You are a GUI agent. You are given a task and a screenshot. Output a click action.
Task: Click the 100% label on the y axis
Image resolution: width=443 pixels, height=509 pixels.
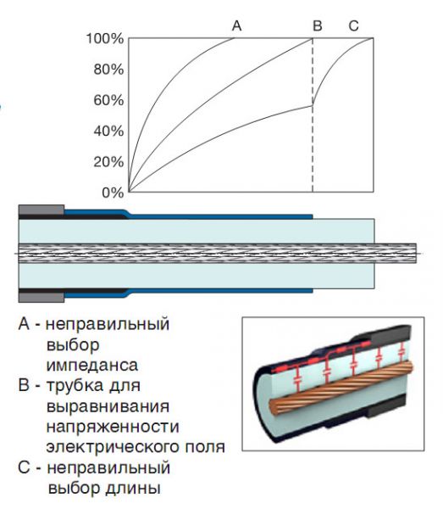(105, 39)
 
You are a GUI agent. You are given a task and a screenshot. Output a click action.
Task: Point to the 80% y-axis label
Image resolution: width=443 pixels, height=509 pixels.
(108, 70)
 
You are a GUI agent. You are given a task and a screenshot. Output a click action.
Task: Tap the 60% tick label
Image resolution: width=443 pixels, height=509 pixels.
(108, 100)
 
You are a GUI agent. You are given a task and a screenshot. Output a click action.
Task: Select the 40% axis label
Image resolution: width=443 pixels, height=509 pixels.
(108, 131)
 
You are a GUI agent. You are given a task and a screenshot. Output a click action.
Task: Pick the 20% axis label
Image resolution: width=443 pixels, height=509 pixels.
(108, 162)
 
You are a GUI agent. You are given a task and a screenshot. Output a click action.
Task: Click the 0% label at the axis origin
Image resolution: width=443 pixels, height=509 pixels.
(113, 193)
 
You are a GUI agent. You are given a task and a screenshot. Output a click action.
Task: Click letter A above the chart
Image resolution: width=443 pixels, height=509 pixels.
(237, 25)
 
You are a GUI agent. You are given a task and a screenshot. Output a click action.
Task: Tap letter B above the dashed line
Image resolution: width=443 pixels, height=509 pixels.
(318, 25)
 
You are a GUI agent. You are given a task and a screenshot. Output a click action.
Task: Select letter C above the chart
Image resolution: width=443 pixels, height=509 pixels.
(353, 25)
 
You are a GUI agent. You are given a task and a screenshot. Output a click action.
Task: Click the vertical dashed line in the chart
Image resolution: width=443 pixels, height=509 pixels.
(313, 115)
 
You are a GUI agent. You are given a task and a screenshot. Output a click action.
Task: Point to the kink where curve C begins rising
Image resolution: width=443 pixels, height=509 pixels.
(313, 105)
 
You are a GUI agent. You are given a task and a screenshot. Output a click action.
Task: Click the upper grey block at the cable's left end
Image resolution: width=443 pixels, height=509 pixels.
(42, 210)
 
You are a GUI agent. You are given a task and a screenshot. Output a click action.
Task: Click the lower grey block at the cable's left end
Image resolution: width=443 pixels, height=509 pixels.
(42, 298)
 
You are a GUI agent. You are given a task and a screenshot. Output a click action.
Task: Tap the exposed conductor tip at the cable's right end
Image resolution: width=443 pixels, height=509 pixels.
(396, 253)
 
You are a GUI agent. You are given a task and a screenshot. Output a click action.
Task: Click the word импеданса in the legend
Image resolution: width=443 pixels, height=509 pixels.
(92, 365)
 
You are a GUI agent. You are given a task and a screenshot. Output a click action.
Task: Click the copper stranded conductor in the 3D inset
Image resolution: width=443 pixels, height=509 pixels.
(341, 388)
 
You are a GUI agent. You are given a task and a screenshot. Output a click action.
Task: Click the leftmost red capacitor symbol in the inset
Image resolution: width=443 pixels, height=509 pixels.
(296, 380)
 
